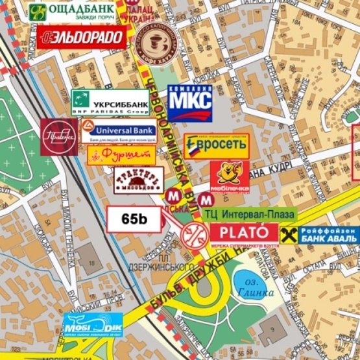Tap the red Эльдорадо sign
[x=81, y=37]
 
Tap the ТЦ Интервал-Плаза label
[x=249, y=214]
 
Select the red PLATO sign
[x=244, y=232]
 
